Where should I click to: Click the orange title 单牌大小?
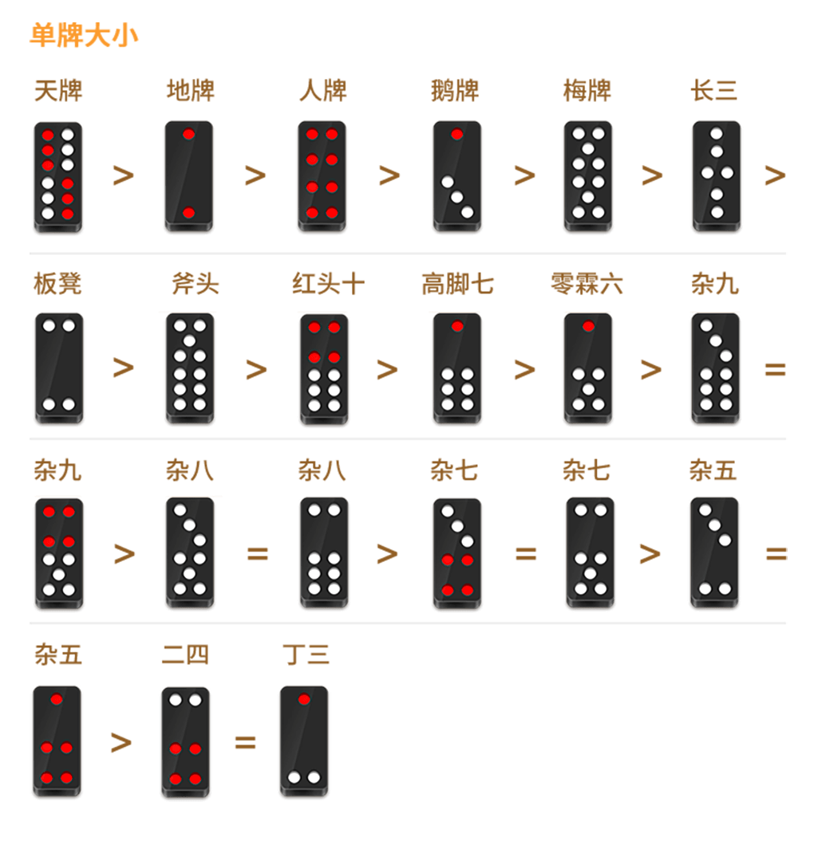click(84, 36)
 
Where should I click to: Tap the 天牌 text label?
click(58, 91)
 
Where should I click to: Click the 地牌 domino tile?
click(188, 176)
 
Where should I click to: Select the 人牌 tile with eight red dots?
click(322, 176)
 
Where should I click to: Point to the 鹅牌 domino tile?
click(457, 176)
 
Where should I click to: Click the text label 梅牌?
click(587, 91)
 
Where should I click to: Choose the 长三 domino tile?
click(716, 176)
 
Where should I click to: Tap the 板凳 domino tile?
click(59, 368)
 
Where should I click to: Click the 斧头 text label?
click(196, 284)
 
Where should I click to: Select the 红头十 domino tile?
click(324, 368)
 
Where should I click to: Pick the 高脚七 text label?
click(458, 284)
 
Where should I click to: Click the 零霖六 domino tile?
click(588, 368)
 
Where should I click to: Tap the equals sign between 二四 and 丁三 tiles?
click(245, 742)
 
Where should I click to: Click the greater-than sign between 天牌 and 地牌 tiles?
click(124, 175)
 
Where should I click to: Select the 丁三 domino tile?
click(304, 741)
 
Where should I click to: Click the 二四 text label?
click(185, 655)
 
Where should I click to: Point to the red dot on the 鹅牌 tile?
click(456, 135)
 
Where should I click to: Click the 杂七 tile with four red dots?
click(457, 553)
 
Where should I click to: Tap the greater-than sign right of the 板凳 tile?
click(124, 367)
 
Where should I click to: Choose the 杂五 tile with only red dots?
click(57, 741)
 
